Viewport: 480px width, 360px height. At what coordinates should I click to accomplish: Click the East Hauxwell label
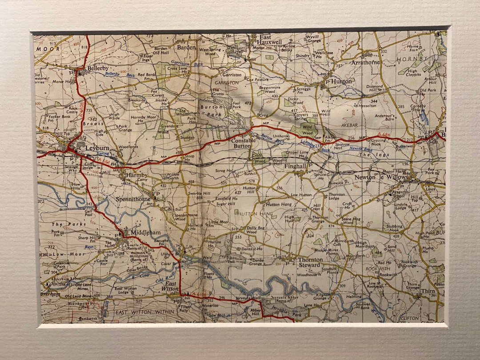(x=271, y=39)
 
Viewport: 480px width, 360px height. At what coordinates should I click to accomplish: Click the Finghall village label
(x=295, y=166)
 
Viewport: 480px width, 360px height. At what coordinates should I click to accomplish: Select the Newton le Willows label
(x=380, y=177)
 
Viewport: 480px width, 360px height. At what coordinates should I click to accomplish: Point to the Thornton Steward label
(x=309, y=262)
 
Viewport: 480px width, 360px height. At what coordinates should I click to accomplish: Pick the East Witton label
(x=171, y=286)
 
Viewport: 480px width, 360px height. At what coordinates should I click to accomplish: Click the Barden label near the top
(x=186, y=47)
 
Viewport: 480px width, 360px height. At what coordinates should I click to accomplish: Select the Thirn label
(x=428, y=291)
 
